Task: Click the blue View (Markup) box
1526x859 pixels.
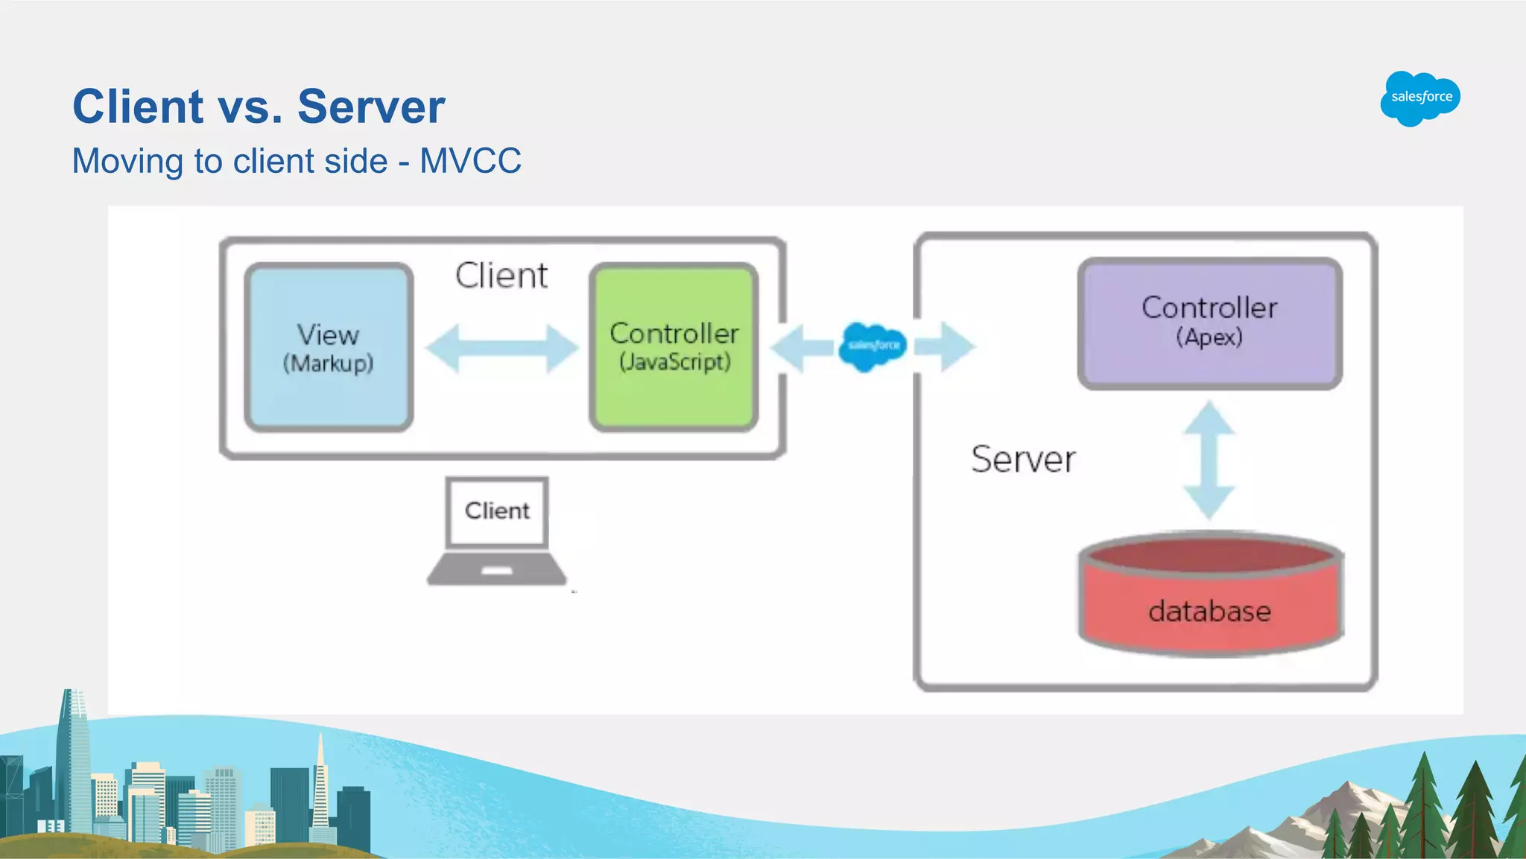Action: tap(329, 347)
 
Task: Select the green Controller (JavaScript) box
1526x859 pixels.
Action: tap(674, 347)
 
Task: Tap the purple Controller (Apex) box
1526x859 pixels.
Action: tap(1209, 323)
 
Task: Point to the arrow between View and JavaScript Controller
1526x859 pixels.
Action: tap(501, 348)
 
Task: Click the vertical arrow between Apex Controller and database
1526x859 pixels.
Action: tap(1209, 460)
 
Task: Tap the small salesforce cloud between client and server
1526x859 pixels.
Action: tap(873, 346)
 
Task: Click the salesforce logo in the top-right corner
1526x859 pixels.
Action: tap(1420, 98)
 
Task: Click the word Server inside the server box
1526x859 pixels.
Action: tap(1023, 459)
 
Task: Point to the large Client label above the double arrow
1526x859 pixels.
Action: tap(501, 276)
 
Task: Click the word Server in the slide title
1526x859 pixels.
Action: tap(370, 107)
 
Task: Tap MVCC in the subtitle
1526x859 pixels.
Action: tap(470, 161)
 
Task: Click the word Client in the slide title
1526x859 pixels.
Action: tap(138, 107)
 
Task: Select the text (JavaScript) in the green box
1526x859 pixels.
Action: tap(674, 362)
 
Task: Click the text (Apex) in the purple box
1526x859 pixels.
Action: tap(1209, 337)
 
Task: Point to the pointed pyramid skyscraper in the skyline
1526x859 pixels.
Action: tap(320, 782)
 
